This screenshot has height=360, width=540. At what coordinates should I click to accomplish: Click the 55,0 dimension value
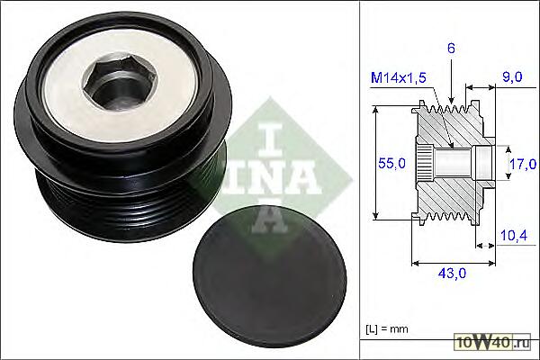(x=391, y=163)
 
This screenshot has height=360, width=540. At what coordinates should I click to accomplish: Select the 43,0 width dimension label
(x=452, y=274)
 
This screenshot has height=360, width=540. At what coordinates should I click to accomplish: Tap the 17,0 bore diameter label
(x=523, y=164)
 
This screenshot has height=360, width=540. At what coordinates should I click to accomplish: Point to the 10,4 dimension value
(x=514, y=235)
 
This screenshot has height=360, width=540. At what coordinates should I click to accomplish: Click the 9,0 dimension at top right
(x=512, y=76)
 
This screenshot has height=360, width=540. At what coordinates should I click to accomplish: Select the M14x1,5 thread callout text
(x=399, y=78)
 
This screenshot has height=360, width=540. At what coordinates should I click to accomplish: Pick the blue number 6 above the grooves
(x=451, y=49)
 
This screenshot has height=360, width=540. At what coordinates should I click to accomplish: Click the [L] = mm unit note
(x=387, y=329)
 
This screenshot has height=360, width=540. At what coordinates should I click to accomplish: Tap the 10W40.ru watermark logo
(x=493, y=342)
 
